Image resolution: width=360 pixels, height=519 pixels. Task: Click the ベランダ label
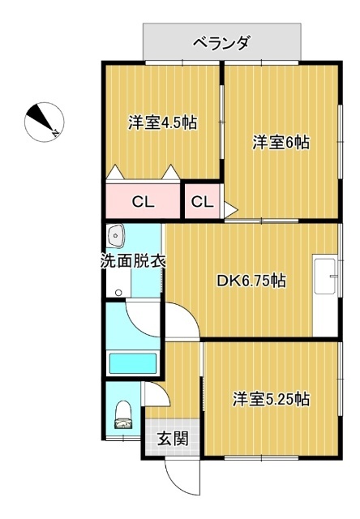pyautogui.click(x=221, y=42)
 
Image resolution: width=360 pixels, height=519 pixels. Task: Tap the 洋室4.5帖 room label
pyautogui.click(x=162, y=123)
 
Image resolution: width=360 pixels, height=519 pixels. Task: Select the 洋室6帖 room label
pyautogui.click(x=280, y=142)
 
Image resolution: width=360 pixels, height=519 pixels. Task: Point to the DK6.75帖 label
pyautogui.click(x=251, y=281)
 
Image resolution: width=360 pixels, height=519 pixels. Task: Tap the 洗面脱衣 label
pyautogui.click(x=133, y=262)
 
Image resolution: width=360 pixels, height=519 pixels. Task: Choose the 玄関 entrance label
pyautogui.click(x=172, y=440)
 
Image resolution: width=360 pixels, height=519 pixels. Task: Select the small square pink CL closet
pyautogui.click(x=202, y=202)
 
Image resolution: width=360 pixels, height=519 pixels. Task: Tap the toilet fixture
pyautogui.click(x=123, y=414)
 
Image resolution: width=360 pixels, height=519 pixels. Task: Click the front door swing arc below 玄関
pyautogui.click(x=180, y=478)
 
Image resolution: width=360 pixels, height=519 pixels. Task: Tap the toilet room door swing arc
pyautogui.click(x=156, y=393)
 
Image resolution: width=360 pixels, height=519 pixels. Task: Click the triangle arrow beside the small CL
pyautogui.click(x=229, y=209)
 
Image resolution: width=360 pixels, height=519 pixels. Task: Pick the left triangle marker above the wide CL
pyautogui.click(x=115, y=173)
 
